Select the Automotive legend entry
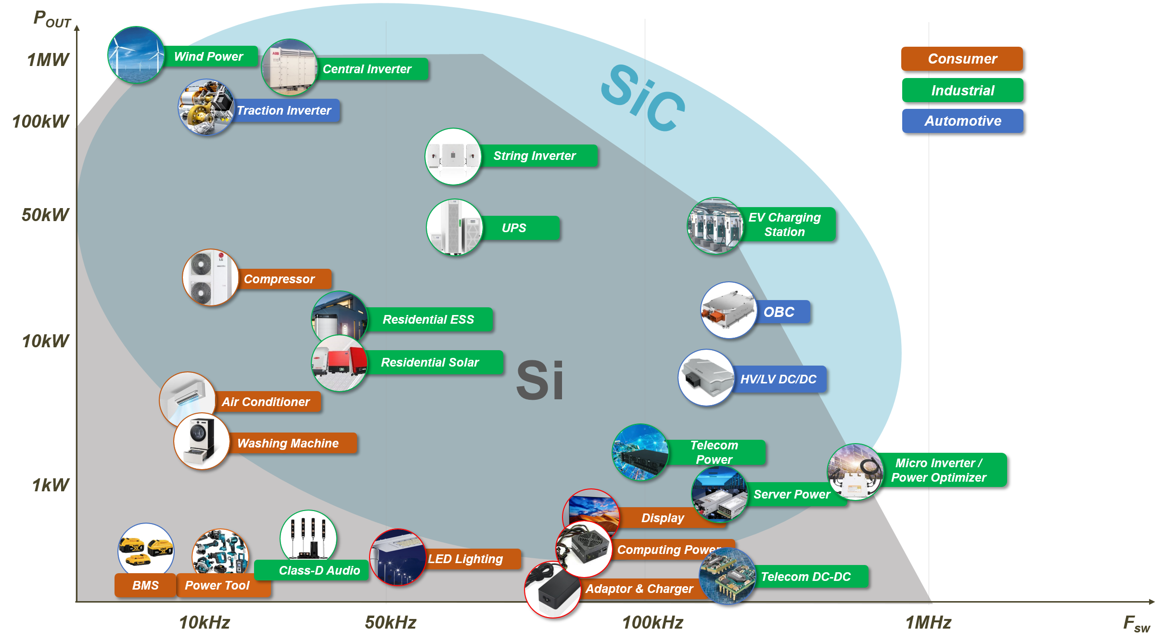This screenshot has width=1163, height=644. click(x=962, y=121)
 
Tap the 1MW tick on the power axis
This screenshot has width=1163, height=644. click(x=48, y=60)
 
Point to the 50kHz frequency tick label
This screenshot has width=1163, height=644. click(x=390, y=622)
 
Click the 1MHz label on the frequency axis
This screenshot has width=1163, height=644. click(x=928, y=622)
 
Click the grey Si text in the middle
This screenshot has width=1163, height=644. click(x=539, y=380)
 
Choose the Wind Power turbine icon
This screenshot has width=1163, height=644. click(x=136, y=55)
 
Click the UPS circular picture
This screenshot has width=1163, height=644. click(x=454, y=227)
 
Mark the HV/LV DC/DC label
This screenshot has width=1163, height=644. click(x=778, y=379)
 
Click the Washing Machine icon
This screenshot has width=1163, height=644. click(x=202, y=441)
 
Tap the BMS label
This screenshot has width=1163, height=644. click(x=145, y=585)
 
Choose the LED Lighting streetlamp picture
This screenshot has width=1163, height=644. click(x=397, y=557)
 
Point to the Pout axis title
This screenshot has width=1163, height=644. click(x=52, y=20)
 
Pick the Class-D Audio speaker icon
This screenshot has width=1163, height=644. click(x=308, y=536)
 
